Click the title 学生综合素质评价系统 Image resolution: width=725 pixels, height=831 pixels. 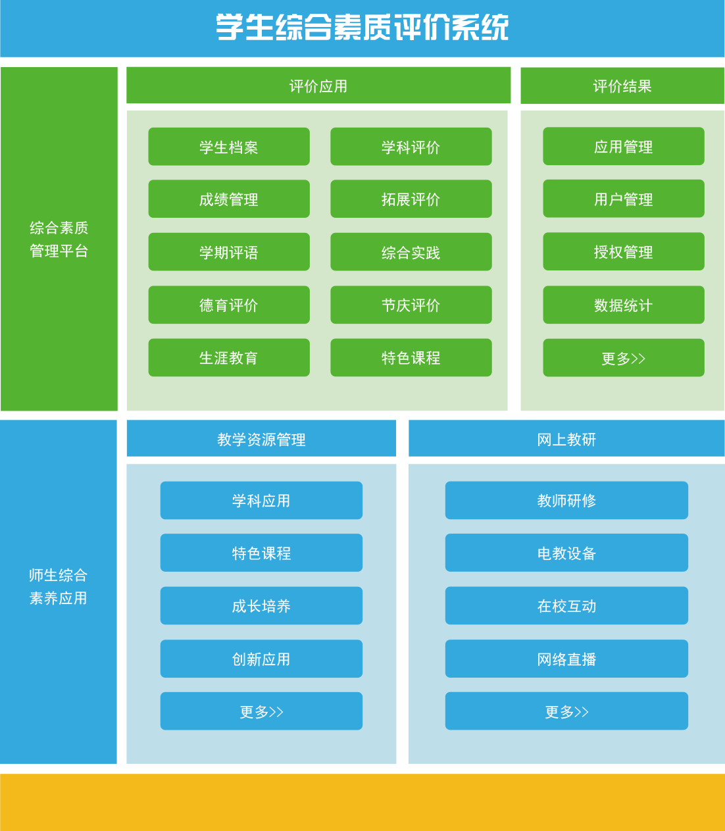pyautogui.click(x=362, y=28)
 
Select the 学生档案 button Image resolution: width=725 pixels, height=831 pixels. pyautogui.click(x=229, y=147)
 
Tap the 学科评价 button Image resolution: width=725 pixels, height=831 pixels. pyautogui.click(x=411, y=147)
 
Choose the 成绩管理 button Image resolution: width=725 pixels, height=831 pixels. pyautogui.click(x=229, y=199)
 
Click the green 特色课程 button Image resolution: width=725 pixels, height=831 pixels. pyautogui.click(x=411, y=358)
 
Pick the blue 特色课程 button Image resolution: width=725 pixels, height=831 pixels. pyautogui.click(x=261, y=553)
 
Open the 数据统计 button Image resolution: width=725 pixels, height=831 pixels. pyautogui.click(x=623, y=305)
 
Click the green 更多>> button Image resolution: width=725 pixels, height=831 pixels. pyautogui.click(x=623, y=358)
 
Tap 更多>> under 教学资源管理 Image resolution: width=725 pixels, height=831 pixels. pyautogui.click(x=261, y=711)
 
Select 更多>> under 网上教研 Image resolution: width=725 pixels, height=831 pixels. pyautogui.click(x=566, y=711)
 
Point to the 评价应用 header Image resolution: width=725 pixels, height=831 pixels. pyautogui.click(x=318, y=86)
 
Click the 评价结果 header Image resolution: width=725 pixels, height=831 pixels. pyautogui.click(x=622, y=86)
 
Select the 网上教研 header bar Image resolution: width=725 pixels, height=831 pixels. pyautogui.click(x=566, y=439)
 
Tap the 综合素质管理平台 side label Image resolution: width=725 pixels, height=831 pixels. pyautogui.click(x=59, y=239)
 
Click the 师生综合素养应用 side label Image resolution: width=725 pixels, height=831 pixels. pyautogui.click(x=59, y=586)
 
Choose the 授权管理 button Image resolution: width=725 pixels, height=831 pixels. pyautogui.click(x=623, y=252)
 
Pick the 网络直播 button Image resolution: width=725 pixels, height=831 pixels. pyautogui.click(x=566, y=659)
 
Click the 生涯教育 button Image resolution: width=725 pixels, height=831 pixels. pyautogui.click(x=229, y=358)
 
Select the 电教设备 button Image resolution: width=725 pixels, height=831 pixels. pyautogui.click(x=566, y=553)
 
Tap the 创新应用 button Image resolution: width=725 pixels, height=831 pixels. pyautogui.click(x=261, y=659)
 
